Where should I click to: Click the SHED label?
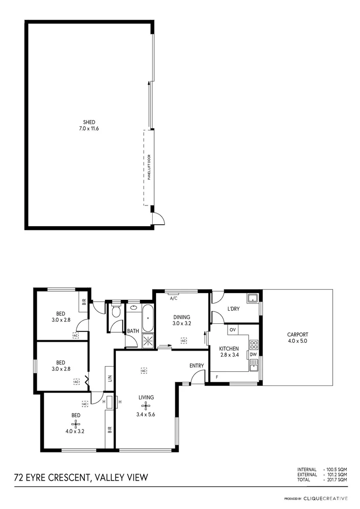pyautogui.click(x=89, y=122)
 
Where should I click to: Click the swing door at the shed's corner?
pyautogui.click(x=158, y=218)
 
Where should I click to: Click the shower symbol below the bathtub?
pyautogui.click(x=148, y=341)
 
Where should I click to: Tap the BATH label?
pyautogui.click(x=133, y=331)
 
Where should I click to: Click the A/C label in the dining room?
pyautogui.click(x=173, y=298)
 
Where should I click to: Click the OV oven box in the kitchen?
pyautogui.click(x=232, y=330)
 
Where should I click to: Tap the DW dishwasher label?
pyautogui.click(x=254, y=354)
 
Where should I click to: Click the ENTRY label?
pyautogui.click(x=196, y=366)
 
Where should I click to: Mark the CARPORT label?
pyautogui.click(x=297, y=335)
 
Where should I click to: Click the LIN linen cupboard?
pyautogui.click(x=109, y=378)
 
